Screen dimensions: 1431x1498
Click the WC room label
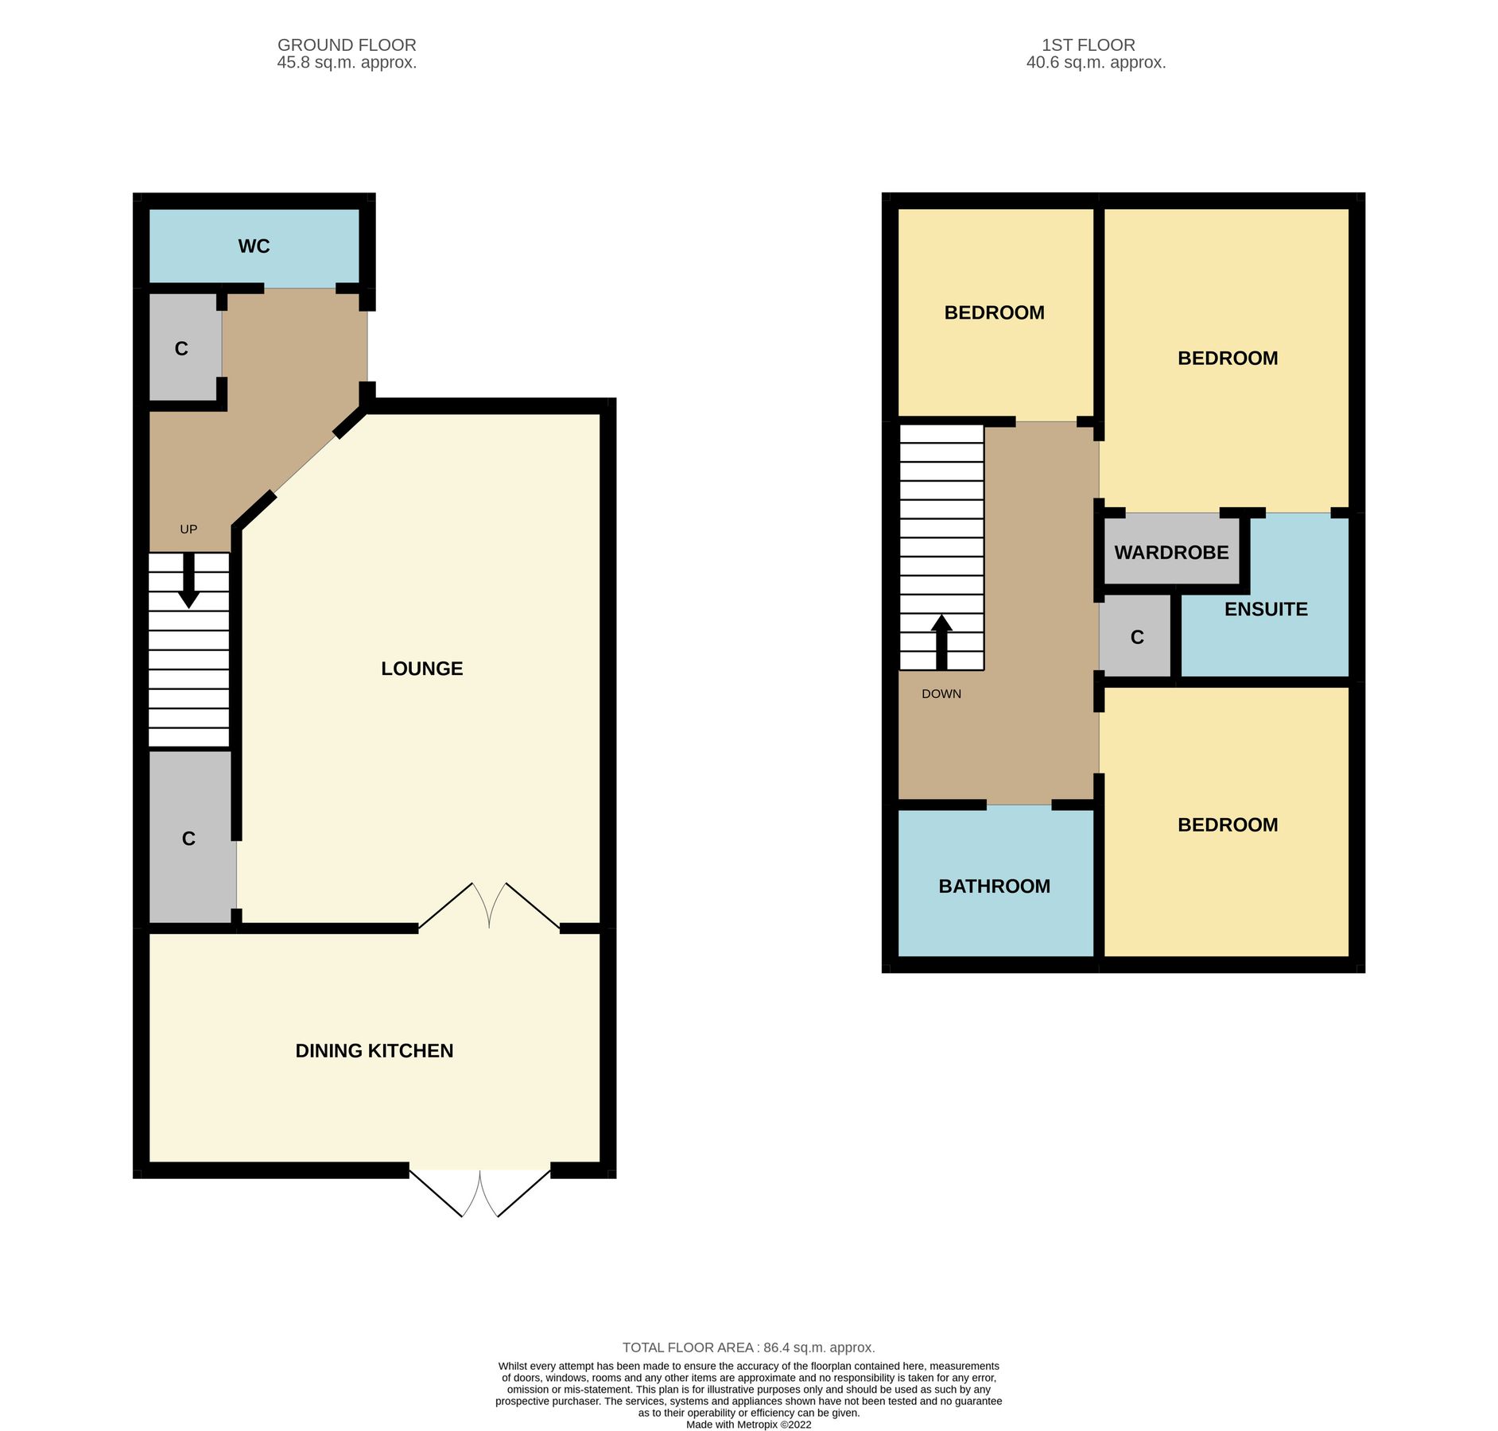[254, 246]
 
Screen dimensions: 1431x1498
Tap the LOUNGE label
[421, 669]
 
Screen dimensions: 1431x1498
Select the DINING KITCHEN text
[374, 1051]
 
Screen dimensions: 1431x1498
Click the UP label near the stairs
[188, 529]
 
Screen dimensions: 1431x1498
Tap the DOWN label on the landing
[941, 694]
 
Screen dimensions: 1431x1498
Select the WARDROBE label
[1171, 553]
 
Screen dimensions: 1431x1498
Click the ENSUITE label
[1266, 610]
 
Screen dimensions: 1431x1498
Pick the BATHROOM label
[994, 886]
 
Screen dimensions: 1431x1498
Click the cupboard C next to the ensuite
[1137, 638]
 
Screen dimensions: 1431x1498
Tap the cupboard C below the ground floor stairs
[188, 839]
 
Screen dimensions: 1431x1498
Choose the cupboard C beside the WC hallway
[181, 349]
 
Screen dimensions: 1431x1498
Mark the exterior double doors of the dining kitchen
[480, 1192]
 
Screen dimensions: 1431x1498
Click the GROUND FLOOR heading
[347, 45]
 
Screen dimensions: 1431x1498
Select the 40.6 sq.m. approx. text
[1096, 63]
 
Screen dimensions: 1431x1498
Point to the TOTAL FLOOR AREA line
[748, 1348]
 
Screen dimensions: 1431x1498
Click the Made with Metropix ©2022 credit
[748, 1425]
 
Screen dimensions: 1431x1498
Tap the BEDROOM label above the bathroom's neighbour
[1227, 825]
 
